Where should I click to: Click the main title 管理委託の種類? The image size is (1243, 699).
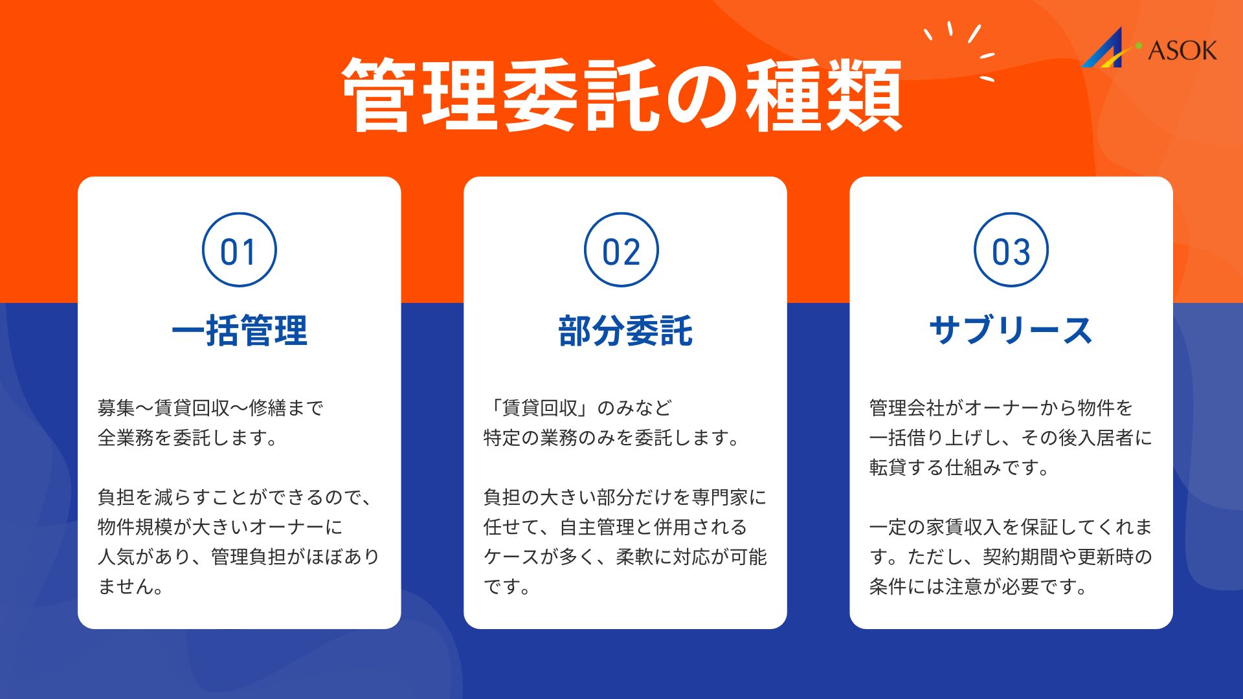621,96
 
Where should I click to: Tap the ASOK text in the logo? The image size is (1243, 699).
1182,50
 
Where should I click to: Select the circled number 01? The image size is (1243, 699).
240,250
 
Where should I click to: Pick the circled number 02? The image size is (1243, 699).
621,250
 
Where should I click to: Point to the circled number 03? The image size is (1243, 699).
1011,250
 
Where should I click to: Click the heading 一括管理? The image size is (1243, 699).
240,331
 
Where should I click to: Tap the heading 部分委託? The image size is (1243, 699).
625,331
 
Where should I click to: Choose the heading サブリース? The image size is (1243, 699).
1011,331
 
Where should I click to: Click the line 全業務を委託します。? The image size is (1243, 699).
188,438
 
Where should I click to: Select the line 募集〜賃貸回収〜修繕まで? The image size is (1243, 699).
210,408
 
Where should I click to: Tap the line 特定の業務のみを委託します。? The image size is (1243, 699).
612,438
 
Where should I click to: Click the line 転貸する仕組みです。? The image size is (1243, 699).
959,467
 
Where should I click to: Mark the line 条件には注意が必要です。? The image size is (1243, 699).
978,586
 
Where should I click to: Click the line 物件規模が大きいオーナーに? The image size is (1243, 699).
220,527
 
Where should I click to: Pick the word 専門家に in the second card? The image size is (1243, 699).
730,497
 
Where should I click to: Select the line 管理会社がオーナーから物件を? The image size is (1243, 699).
1001,408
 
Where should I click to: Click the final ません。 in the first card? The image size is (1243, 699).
131,586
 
